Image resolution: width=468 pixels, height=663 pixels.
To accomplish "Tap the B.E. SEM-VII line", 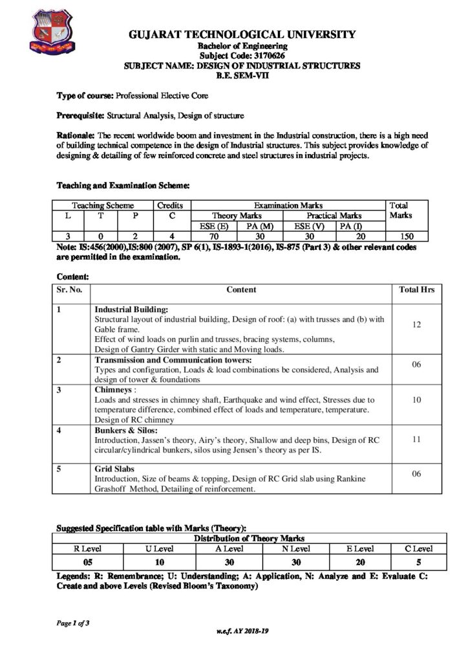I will tap(242, 75).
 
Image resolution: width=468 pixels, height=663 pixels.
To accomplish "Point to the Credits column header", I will tap(171, 205).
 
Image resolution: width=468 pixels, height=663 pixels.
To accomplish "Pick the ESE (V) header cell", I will tap(310, 226).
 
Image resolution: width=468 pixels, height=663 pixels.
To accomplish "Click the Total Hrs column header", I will tap(416, 290).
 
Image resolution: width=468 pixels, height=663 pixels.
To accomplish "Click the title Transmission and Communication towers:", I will tap(173, 360).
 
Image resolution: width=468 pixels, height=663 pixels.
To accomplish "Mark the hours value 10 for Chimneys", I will tap(416, 400).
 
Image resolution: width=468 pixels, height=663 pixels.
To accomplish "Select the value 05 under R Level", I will tap(94, 562).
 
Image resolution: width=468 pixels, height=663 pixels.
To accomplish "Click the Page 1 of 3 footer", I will tap(74, 623).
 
